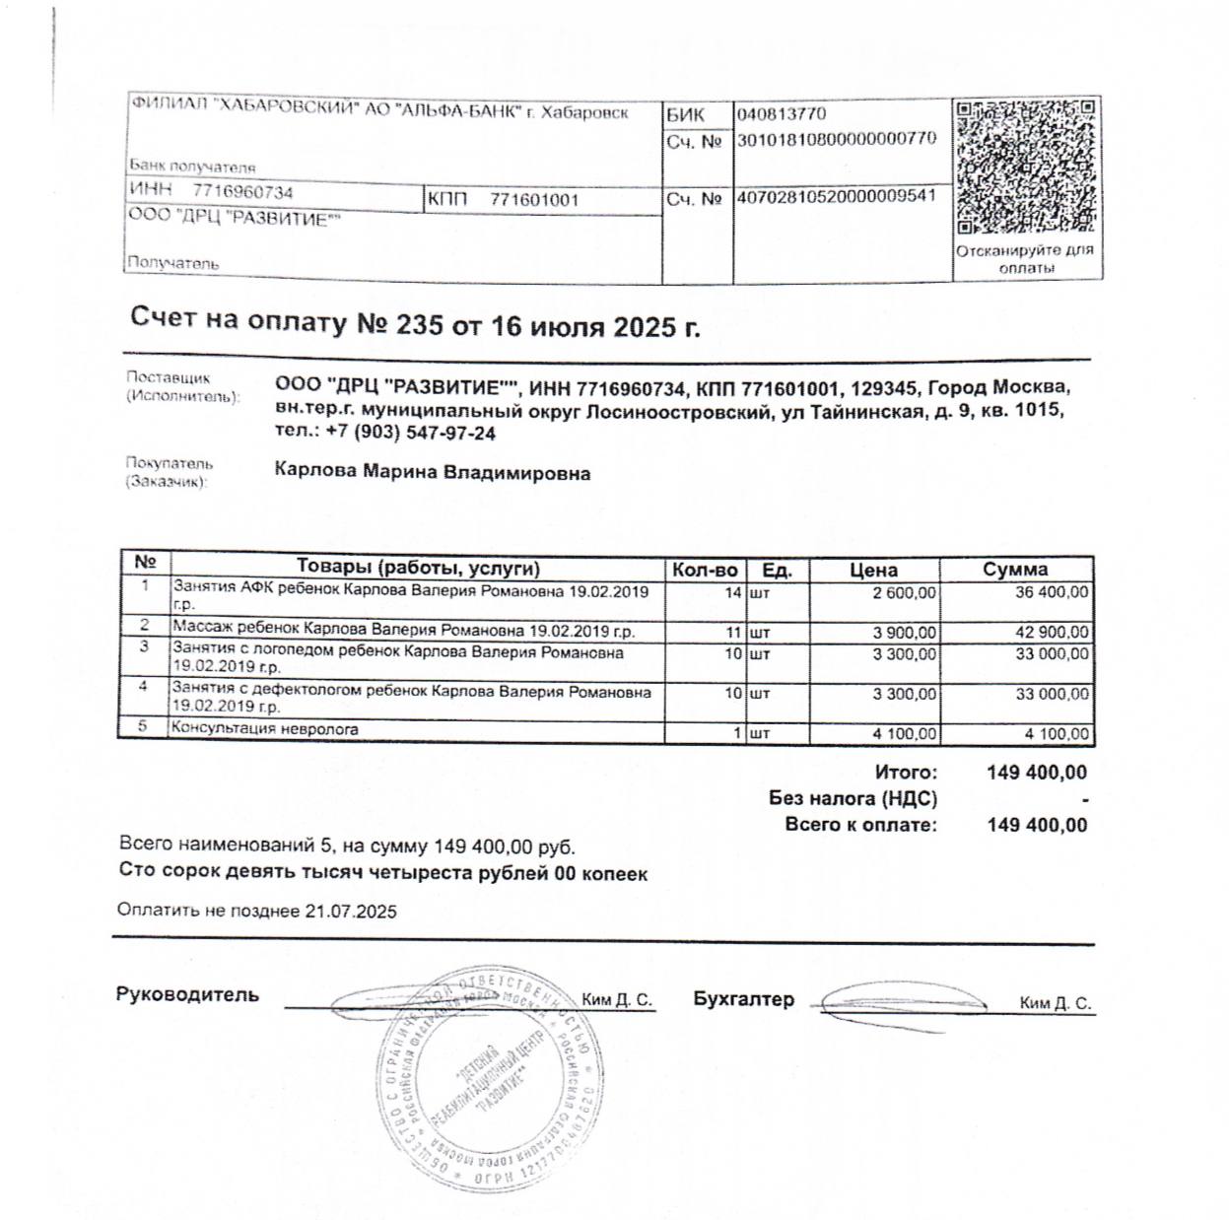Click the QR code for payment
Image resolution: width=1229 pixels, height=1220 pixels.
point(1025,167)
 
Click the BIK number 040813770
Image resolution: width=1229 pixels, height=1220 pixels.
point(782,114)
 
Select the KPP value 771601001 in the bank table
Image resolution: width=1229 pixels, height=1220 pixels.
point(534,200)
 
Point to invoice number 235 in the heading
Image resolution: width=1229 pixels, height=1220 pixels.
point(418,325)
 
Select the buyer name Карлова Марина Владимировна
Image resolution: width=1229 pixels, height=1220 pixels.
point(433,473)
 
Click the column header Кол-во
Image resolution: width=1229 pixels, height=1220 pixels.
point(704,570)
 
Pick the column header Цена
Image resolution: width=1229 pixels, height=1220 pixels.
point(873,570)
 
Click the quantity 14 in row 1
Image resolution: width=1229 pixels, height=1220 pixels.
point(732,593)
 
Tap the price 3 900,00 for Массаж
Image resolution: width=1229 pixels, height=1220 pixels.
point(905,633)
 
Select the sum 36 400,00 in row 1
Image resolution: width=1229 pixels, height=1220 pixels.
point(1052,593)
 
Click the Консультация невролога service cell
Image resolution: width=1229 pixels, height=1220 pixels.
point(265,730)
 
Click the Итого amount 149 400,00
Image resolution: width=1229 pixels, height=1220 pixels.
point(1037,773)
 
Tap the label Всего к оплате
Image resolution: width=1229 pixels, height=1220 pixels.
point(860,825)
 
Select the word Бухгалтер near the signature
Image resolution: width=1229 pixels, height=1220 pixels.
point(743,999)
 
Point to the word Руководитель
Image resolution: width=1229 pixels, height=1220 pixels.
point(187,994)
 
